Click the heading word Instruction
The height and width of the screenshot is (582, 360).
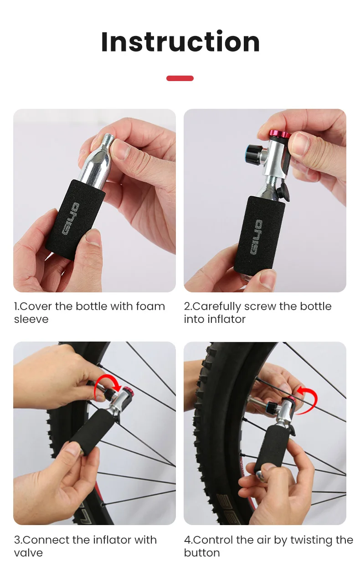click(180, 41)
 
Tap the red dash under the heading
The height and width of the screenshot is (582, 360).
click(180, 78)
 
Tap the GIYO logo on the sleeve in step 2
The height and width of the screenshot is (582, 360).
click(257, 237)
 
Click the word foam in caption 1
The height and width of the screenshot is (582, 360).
click(150, 306)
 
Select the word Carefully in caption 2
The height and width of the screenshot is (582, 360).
click(217, 307)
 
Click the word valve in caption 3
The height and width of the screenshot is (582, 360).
click(28, 553)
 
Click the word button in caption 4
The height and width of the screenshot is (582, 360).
click(202, 553)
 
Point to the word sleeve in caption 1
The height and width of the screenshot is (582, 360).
click(31, 319)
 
